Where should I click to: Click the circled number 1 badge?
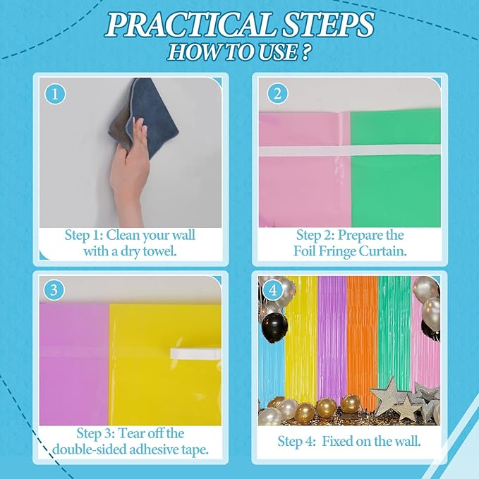click(55, 94)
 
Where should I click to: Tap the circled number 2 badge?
click(277, 94)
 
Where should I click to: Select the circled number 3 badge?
click(54, 290)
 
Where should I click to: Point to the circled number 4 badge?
click(272, 290)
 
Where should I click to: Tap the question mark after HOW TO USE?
click(304, 51)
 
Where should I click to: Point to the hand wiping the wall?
click(129, 171)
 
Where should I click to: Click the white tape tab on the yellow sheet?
click(195, 353)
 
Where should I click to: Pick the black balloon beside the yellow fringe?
click(274, 324)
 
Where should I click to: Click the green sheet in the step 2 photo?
click(396, 169)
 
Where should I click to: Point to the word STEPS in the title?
click(328, 25)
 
